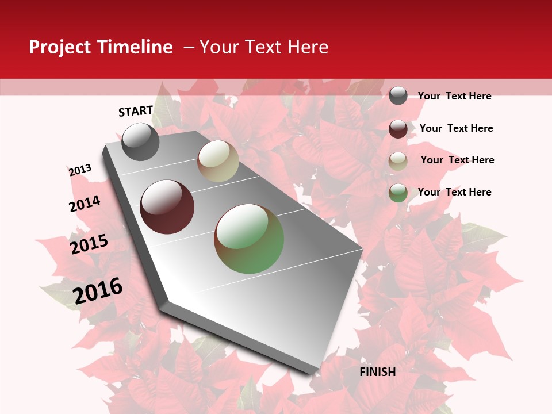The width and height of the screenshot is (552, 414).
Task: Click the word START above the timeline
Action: pos(136,111)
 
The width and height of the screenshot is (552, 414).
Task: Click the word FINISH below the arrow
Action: pos(377,372)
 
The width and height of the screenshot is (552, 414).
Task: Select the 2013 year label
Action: pos(80,170)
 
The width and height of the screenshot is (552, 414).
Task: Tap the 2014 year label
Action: pos(85,204)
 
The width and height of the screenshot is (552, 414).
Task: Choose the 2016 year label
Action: pos(98,290)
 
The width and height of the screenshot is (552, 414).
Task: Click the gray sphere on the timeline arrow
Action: pos(140,141)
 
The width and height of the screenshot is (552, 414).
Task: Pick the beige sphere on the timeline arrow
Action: pos(218,161)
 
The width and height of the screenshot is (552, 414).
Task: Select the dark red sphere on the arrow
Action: pos(167,206)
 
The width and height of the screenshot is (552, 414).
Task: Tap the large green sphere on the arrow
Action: pos(249,239)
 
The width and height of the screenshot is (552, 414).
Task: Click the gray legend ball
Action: pos(398,95)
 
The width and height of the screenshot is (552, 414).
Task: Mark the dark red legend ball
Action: pos(398,129)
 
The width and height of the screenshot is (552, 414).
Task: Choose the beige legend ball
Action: pos(398,161)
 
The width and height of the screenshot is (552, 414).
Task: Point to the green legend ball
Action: pos(398,193)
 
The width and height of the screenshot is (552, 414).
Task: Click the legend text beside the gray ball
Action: pos(454,96)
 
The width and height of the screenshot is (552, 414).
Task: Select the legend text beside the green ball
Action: pos(454,192)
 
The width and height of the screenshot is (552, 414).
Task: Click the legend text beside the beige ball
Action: pos(457,160)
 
